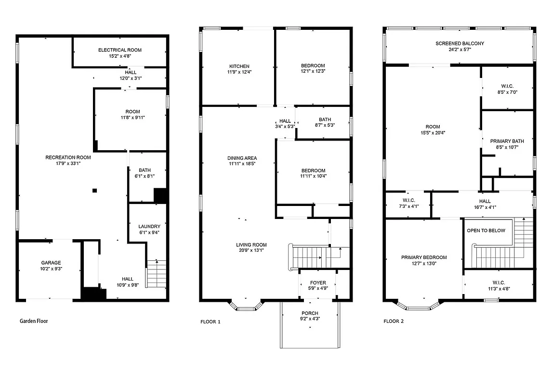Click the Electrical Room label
coord(120,50)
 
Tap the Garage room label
coord(51,263)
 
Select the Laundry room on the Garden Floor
coord(149,227)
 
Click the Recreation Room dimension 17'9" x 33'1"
coord(68,163)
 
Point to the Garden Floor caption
coord(34,321)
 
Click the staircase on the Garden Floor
coord(156,274)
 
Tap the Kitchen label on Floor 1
coord(239,66)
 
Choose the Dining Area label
coord(242,158)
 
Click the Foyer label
coord(318,283)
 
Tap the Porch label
coord(310,313)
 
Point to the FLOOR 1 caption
coord(210,321)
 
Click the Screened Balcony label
coord(460,43)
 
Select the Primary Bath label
coord(507,141)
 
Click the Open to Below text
coord(486,231)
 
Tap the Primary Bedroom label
coord(424,257)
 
